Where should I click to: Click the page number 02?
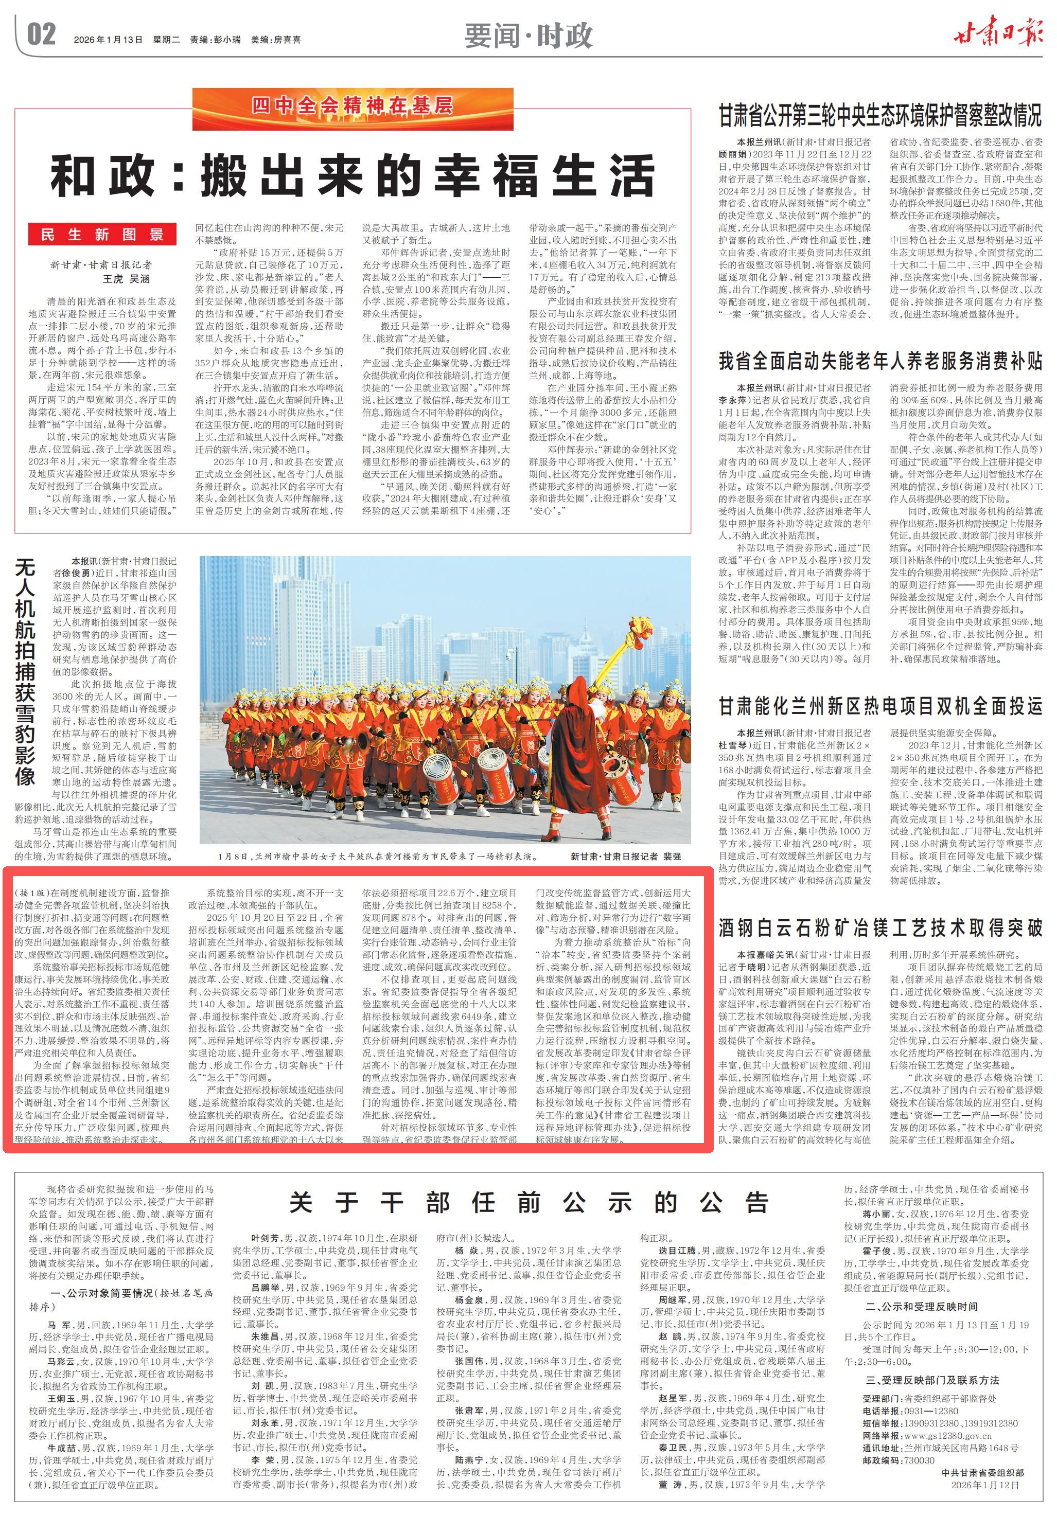click(x=41, y=35)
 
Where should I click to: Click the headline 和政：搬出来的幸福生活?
click(x=353, y=175)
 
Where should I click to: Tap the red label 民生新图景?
click(x=102, y=235)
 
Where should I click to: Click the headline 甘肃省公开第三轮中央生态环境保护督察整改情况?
click(x=880, y=116)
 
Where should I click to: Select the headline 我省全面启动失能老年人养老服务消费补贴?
click(x=880, y=361)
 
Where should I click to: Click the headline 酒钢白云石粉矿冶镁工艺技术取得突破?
click(x=880, y=928)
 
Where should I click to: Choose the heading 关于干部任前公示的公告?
click(x=529, y=1202)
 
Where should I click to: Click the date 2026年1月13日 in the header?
click(x=109, y=40)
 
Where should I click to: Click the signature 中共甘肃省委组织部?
click(x=983, y=1472)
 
